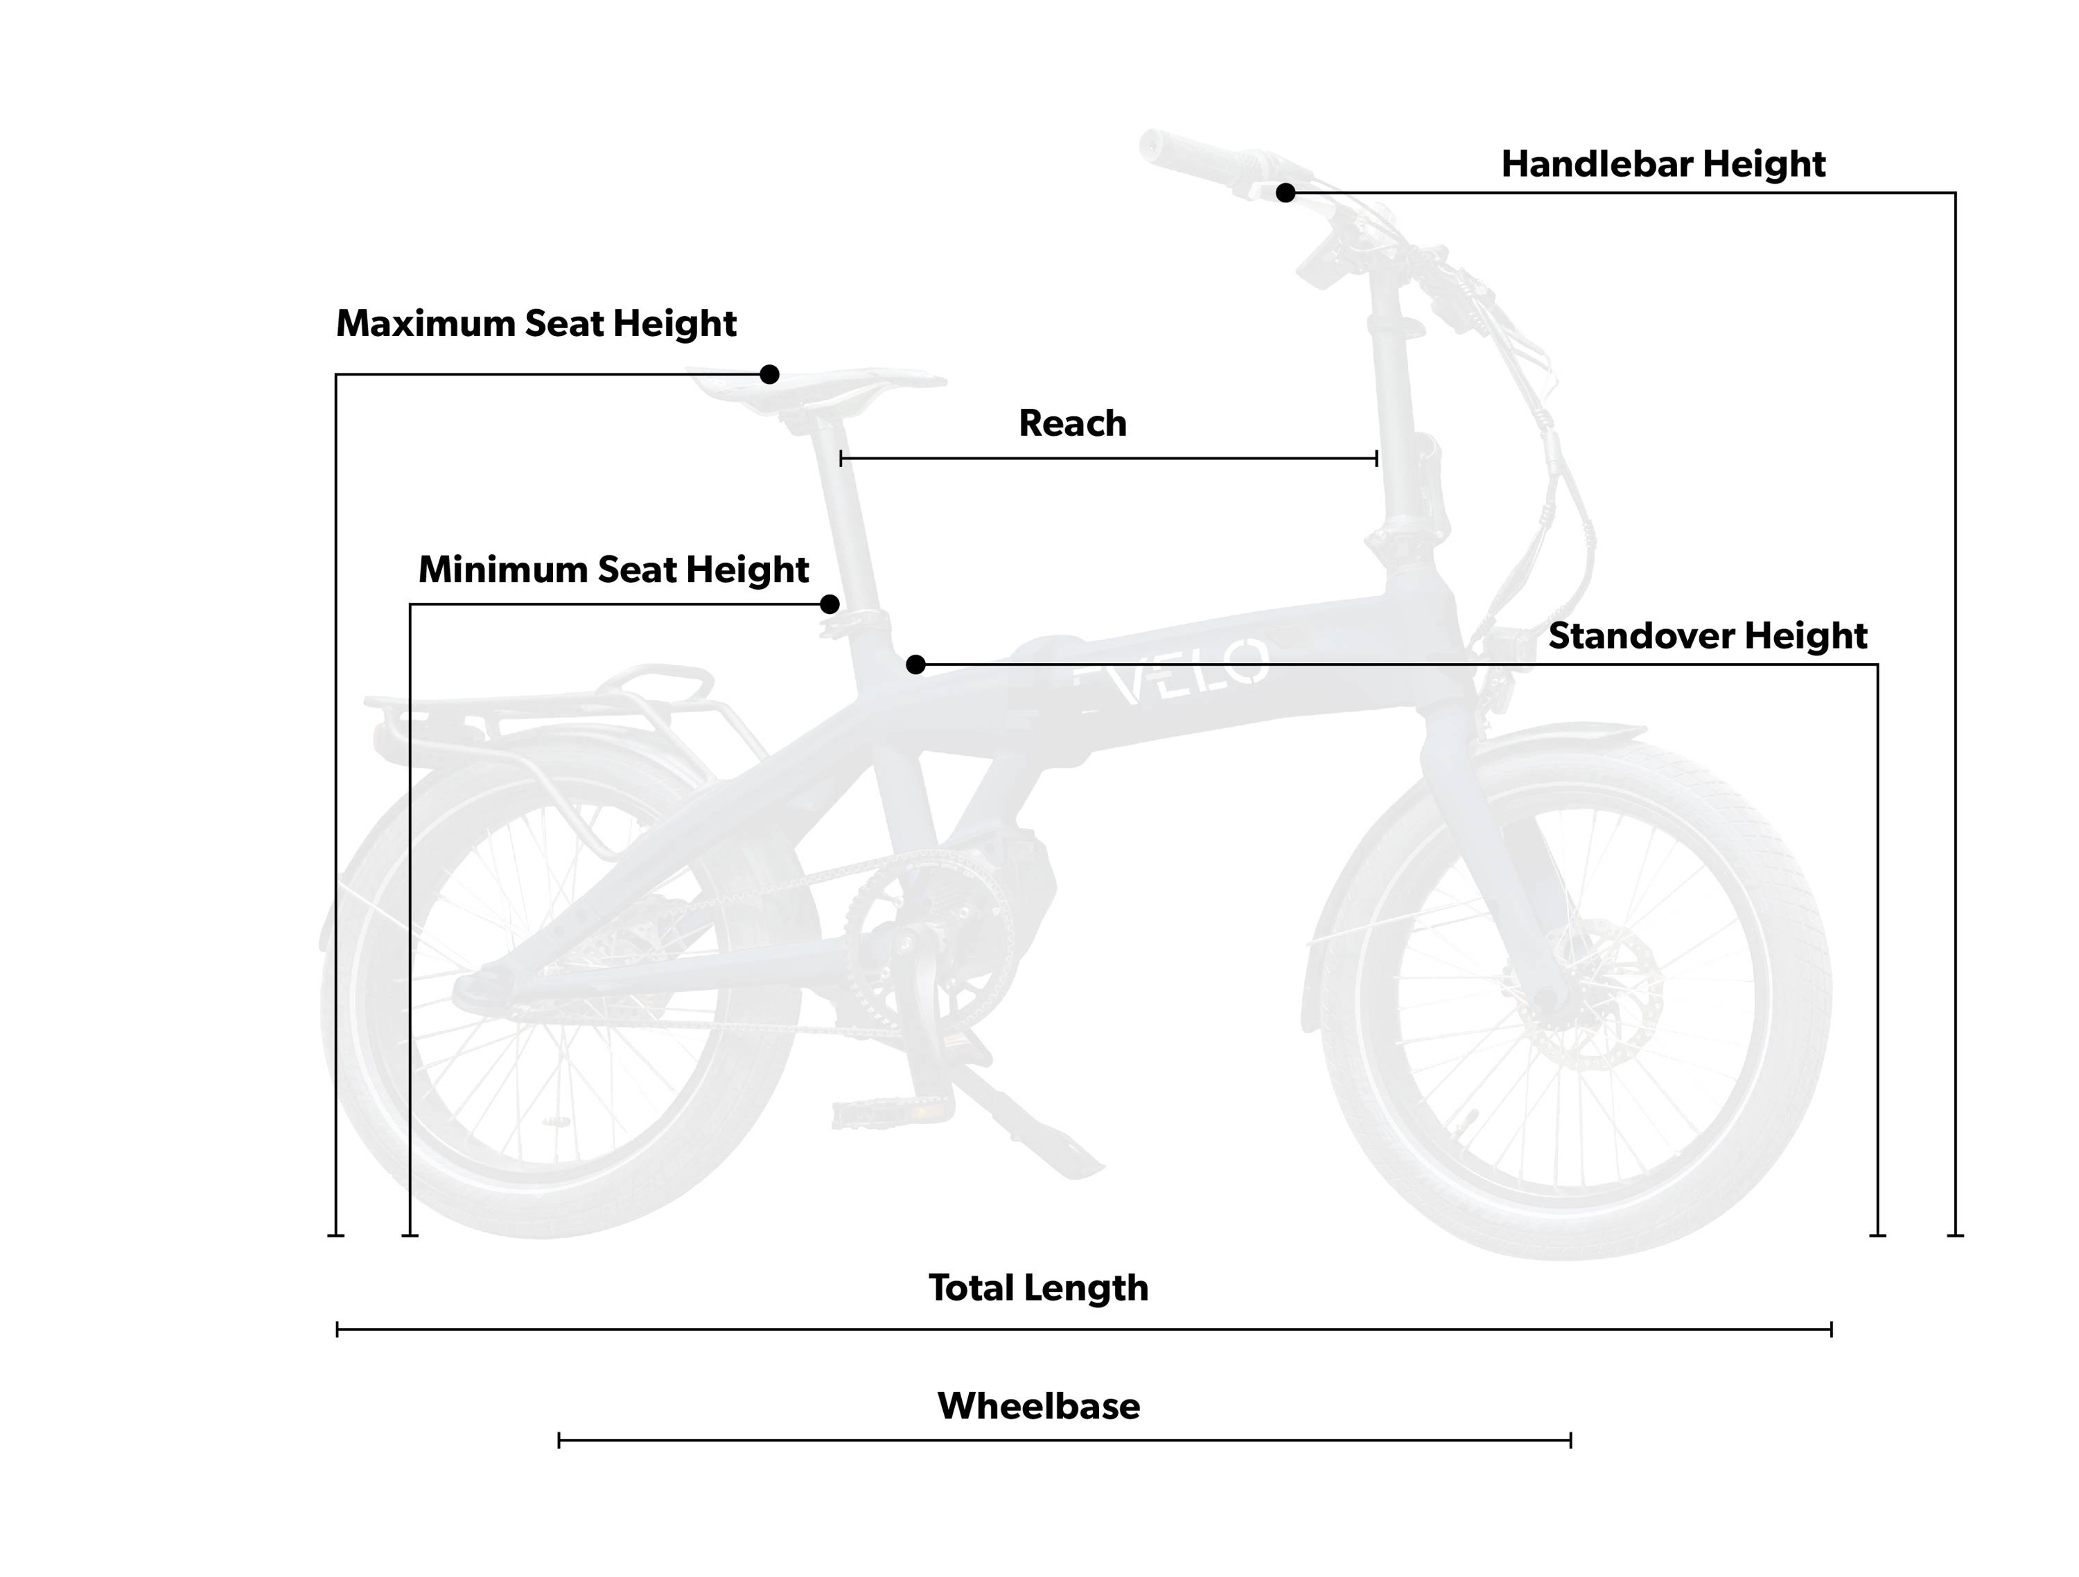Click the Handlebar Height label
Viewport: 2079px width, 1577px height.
point(1663,164)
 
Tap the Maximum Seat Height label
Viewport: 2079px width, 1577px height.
point(536,324)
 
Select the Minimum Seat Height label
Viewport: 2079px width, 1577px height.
point(613,570)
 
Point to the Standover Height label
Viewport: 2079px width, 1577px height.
point(1708,636)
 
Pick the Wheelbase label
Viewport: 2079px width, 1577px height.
point(1039,1406)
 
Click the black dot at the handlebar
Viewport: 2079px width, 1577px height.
point(1286,193)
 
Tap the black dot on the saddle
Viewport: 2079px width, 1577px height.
point(769,374)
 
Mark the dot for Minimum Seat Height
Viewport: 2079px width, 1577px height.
point(829,604)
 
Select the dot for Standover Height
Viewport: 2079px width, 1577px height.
point(915,664)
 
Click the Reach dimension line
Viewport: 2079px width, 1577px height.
point(1108,459)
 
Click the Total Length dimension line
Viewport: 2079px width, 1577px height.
point(1084,1329)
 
